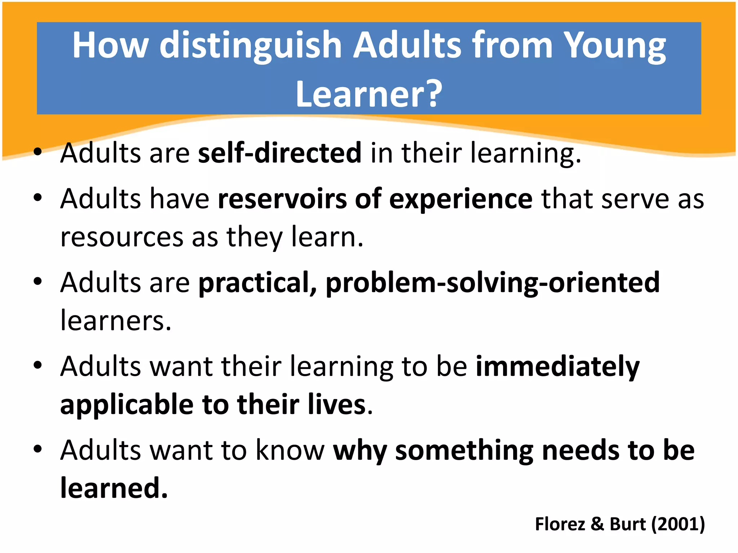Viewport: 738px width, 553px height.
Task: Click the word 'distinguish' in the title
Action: (250, 46)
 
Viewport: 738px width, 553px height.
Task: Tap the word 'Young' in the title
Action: (614, 46)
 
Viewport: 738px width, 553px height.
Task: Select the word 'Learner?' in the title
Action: (369, 94)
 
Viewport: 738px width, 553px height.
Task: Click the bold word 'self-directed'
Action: (280, 153)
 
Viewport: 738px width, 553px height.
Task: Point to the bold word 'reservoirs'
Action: (282, 199)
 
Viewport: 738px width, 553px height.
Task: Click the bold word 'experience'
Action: (461, 199)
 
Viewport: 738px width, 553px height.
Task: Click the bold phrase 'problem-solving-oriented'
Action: (493, 283)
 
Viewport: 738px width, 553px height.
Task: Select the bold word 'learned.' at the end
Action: (114, 488)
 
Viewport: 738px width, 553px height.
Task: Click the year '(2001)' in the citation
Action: (678, 524)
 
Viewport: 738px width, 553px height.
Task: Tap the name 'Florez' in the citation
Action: (560, 524)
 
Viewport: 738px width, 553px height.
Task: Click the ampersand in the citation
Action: (597, 524)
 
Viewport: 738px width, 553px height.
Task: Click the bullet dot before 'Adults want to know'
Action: (38, 449)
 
